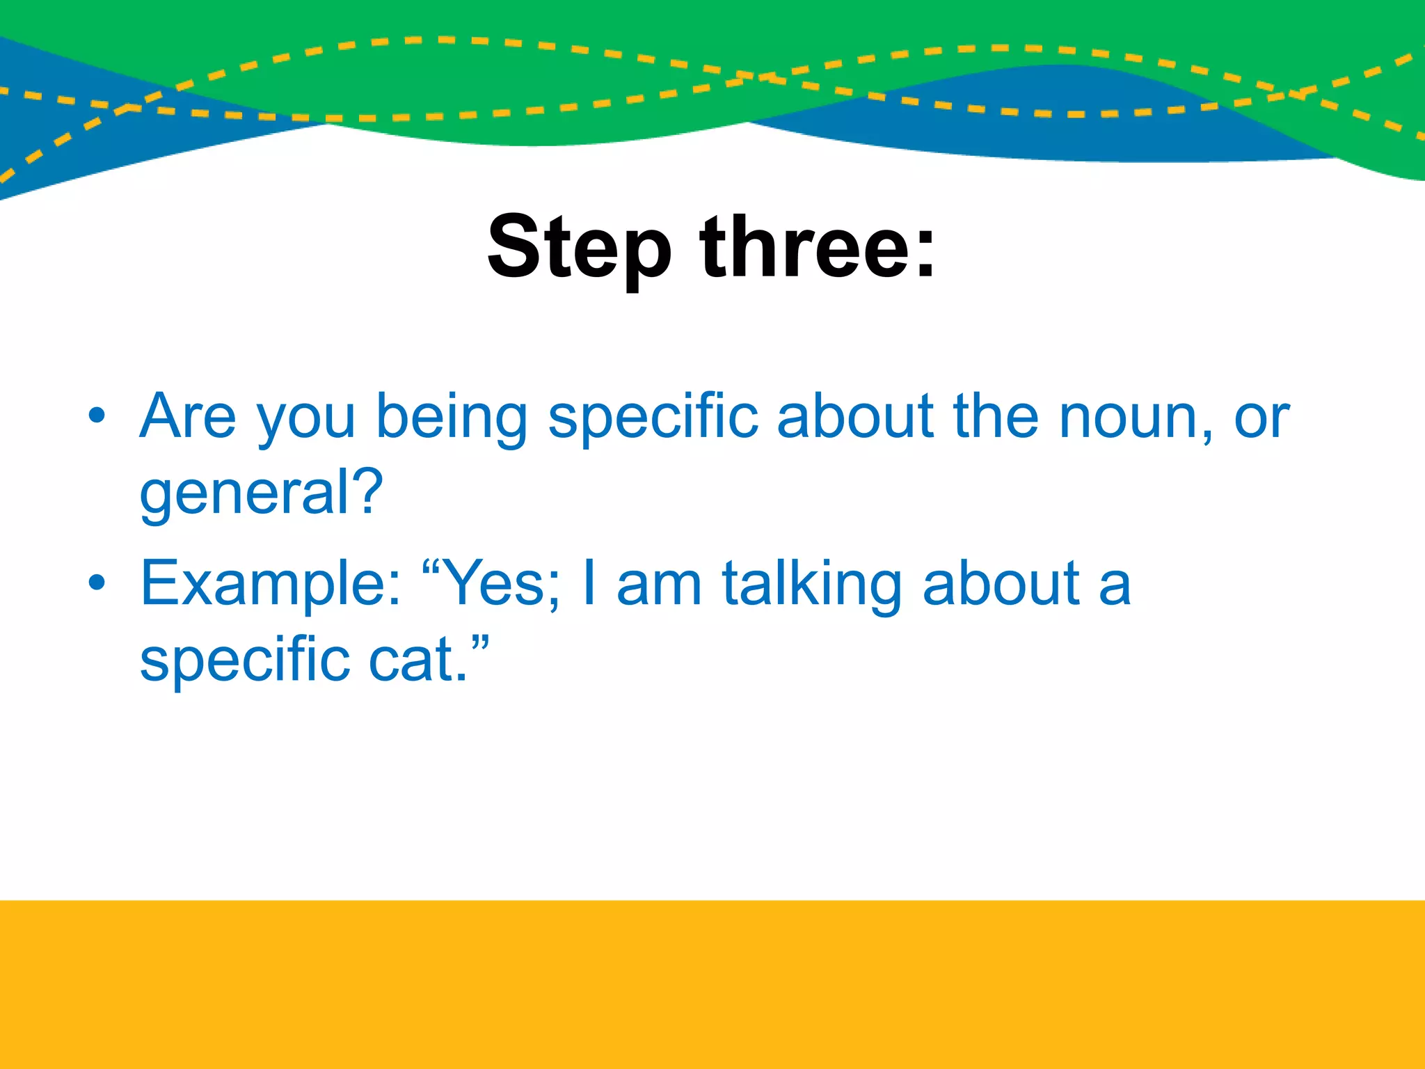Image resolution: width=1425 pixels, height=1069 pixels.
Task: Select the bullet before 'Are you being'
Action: tap(97, 416)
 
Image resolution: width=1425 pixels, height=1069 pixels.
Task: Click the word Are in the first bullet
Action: tap(188, 416)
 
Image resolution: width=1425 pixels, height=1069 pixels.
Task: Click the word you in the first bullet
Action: tap(306, 421)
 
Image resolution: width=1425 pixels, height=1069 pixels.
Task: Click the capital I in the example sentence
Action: tap(589, 583)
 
